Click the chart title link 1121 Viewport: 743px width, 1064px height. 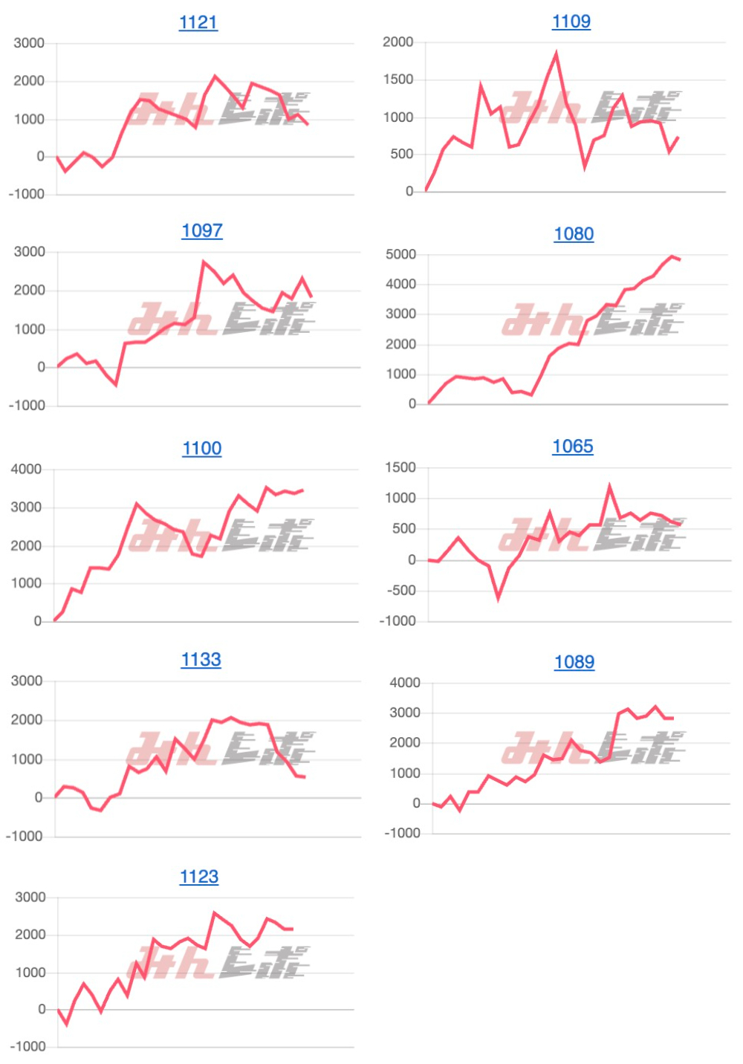point(198,22)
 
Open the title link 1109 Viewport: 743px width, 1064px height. point(571,22)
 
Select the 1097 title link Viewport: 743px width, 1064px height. point(202,231)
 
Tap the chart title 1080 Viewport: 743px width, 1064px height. point(574,234)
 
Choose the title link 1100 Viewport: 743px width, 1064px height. point(202,448)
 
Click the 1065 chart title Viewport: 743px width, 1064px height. point(573,447)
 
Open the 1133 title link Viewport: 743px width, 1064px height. point(201,660)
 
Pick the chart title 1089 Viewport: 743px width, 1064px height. point(574,662)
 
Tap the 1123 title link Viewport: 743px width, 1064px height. point(199,877)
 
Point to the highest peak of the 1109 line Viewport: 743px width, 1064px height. point(557,53)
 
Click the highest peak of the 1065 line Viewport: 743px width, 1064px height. point(610,486)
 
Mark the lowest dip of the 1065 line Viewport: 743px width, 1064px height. point(499,597)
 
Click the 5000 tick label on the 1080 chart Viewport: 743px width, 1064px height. point(401,255)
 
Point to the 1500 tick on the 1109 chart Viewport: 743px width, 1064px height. point(398,80)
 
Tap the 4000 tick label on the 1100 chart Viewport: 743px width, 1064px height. point(26,470)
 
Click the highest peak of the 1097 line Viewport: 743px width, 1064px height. point(204,262)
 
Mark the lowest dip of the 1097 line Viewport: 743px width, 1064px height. point(116,384)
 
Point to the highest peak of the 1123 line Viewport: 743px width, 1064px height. point(215,913)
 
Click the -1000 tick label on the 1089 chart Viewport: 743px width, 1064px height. point(403,834)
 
